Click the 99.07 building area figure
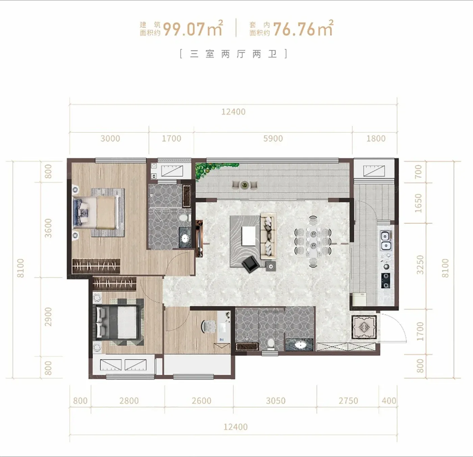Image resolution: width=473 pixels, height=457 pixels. [184, 29]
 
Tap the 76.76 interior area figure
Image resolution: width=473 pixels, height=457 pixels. [294, 29]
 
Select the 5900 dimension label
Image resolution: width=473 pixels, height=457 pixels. [273, 138]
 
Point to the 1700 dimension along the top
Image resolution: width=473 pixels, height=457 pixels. [172, 138]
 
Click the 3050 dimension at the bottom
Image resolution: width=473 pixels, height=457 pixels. [275, 401]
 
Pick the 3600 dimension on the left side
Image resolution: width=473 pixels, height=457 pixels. [48, 228]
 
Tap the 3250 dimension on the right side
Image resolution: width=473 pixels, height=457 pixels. [420, 265]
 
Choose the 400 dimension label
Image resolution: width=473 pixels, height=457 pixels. [389, 401]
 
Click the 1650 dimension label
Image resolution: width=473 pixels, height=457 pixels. [418, 203]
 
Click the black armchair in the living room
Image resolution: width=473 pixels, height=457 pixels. [250, 264]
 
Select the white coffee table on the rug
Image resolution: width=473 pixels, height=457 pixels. [249, 236]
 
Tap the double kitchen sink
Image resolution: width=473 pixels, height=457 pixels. [386, 241]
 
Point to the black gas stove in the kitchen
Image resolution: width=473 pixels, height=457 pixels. [386, 280]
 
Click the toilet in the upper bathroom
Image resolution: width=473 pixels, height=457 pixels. [184, 217]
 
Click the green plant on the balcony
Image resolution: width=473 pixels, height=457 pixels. [214, 169]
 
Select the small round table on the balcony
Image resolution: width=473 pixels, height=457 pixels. [245, 185]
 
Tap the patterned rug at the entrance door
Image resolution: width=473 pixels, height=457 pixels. [364, 327]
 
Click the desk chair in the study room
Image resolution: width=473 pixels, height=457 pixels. [208, 326]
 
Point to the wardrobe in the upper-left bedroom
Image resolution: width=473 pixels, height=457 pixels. [96, 266]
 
